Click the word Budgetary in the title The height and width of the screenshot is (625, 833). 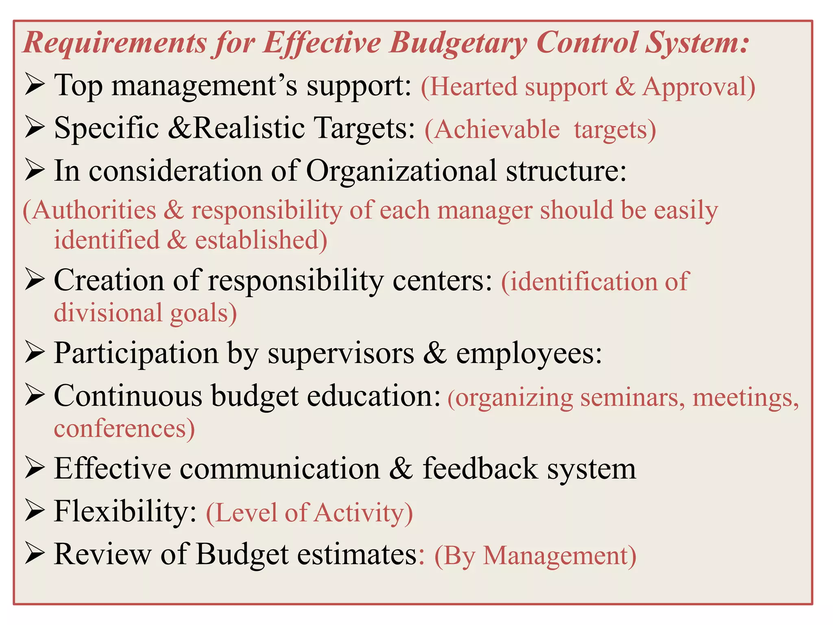458,43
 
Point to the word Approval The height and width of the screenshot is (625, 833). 698,87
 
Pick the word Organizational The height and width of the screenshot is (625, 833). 401,170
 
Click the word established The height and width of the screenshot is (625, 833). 260,240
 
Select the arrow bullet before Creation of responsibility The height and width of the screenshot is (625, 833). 34,280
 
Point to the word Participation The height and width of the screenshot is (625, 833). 136,353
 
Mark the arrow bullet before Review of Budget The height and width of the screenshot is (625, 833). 34,554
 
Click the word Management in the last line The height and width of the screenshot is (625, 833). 559,555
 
